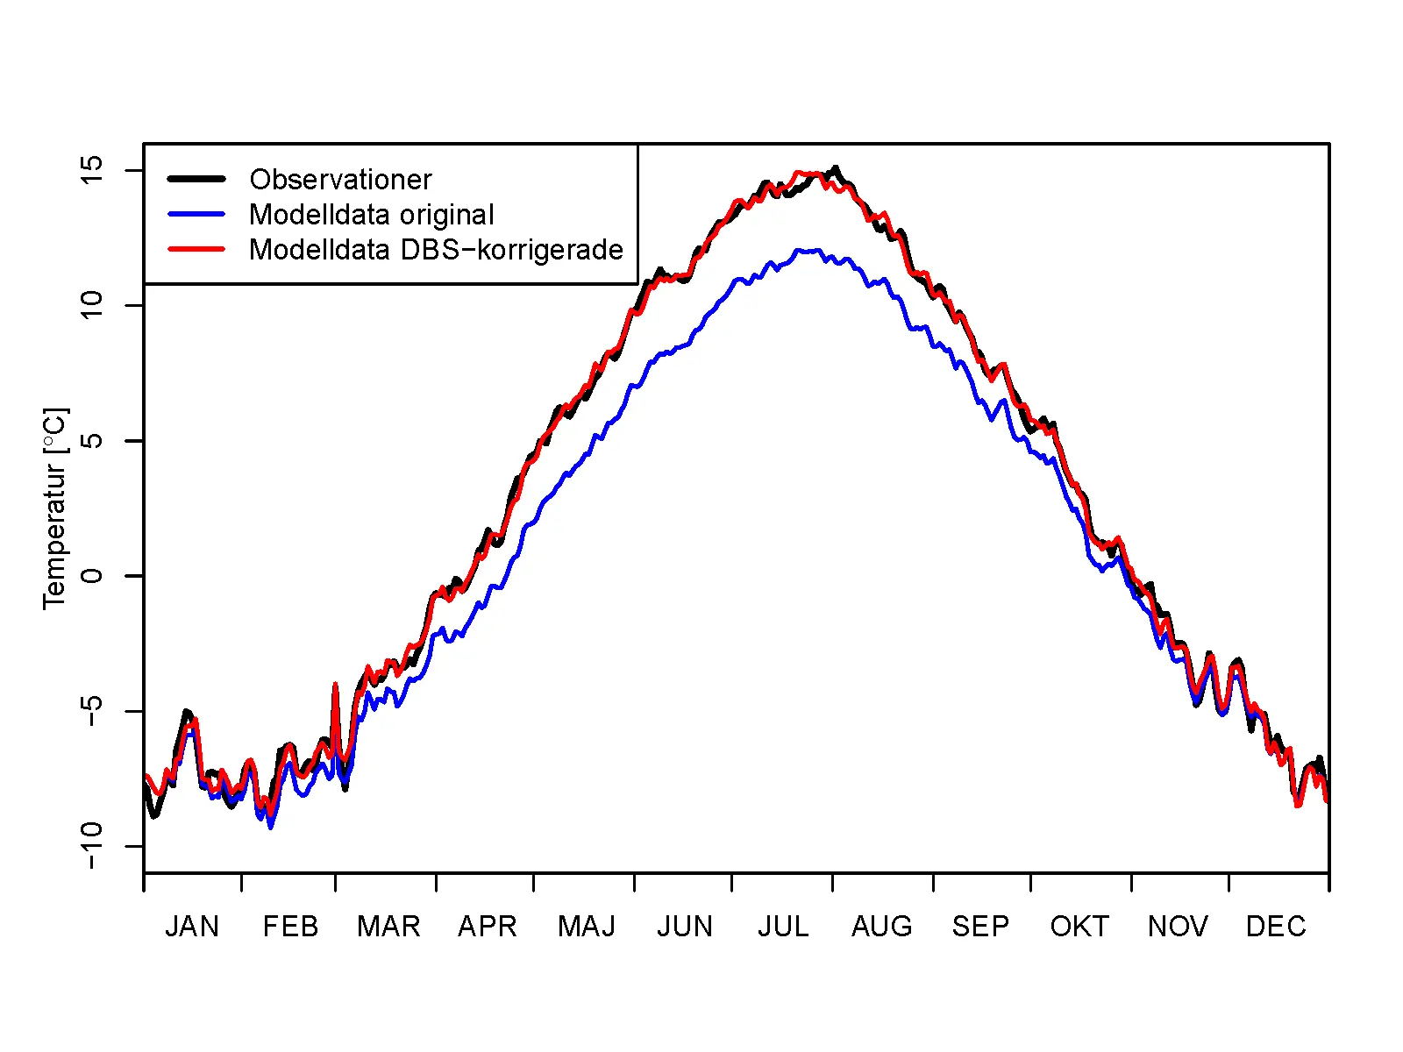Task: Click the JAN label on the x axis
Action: point(192,927)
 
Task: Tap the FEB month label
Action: point(290,927)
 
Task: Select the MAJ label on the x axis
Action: point(587,927)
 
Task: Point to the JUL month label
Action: point(783,927)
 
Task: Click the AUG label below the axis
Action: point(882,927)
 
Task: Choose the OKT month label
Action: point(1079,927)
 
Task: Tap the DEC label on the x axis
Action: point(1276,927)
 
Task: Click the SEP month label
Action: point(980,927)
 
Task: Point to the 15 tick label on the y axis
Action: point(91,170)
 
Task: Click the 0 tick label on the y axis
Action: point(91,576)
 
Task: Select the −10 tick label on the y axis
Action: point(91,845)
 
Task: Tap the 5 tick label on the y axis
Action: point(91,441)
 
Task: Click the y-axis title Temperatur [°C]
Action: point(54,508)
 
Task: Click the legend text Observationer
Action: point(340,180)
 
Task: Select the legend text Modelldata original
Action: point(372,215)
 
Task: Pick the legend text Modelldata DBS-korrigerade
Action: point(436,250)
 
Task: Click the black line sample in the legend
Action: point(196,179)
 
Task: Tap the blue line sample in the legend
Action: point(196,214)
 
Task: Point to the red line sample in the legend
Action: point(196,249)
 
